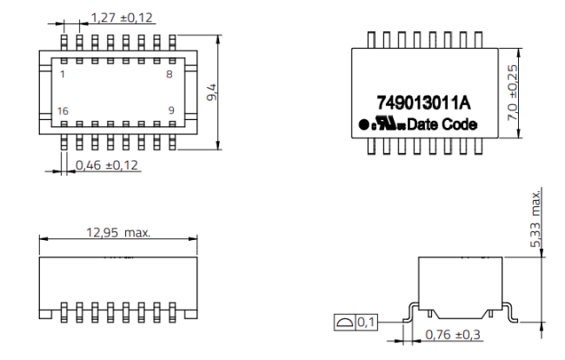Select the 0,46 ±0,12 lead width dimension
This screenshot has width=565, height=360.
point(107,164)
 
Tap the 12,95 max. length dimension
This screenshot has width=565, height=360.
point(116,232)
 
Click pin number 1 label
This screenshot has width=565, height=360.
point(62,75)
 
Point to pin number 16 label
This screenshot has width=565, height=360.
point(63,110)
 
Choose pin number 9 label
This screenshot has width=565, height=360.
point(170,110)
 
